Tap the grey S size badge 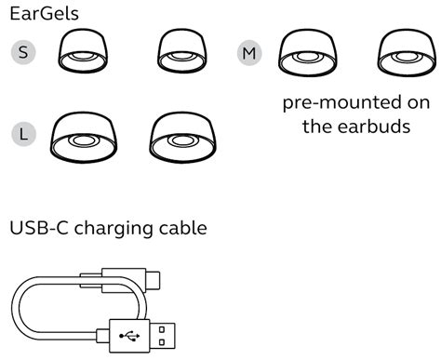tap(23, 52)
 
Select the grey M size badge tap(247, 53)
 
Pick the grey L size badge tap(23, 133)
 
